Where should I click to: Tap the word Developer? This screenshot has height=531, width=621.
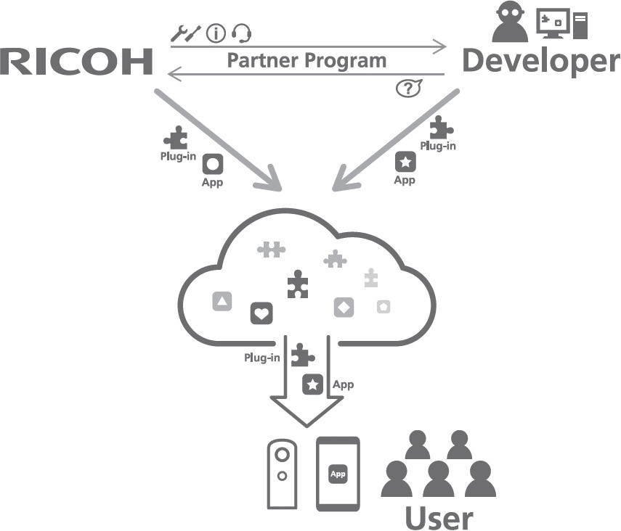pyautogui.click(x=540, y=61)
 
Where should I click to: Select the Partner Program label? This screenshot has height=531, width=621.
pyautogui.click(x=307, y=59)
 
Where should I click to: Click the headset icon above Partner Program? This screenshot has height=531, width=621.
pyautogui.click(x=242, y=33)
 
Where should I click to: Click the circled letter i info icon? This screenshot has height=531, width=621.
pyautogui.click(x=216, y=33)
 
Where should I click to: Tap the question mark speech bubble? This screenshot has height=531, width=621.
pyautogui.click(x=408, y=88)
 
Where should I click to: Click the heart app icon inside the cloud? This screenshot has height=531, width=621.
pyautogui.click(x=261, y=313)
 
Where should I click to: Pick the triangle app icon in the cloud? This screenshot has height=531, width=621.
pyautogui.click(x=222, y=301)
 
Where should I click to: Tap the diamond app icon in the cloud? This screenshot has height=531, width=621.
pyautogui.click(x=344, y=307)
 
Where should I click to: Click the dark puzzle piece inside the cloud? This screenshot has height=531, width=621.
pyautogui.click(x=296, y=284)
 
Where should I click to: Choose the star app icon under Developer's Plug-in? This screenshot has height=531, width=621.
pyautogui.click(x=405, y=161)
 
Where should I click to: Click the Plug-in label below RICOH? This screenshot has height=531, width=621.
pyautogui.click(x=178, y=156)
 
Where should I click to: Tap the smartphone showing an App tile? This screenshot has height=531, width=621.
pyautogui.click(x=338, y=474)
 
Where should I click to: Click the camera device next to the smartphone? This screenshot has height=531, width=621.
pyautogui.click(x=282, y=474)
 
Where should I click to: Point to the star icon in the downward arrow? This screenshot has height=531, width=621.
pyautogui.click(x=312, y=384)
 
